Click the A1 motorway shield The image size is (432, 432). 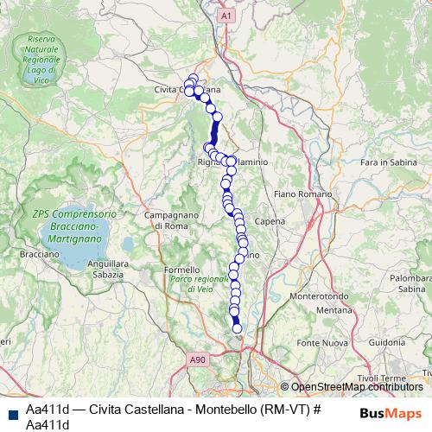[226, 16]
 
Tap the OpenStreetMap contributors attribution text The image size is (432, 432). [357, 387]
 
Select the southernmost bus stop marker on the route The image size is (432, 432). [238, 327]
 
